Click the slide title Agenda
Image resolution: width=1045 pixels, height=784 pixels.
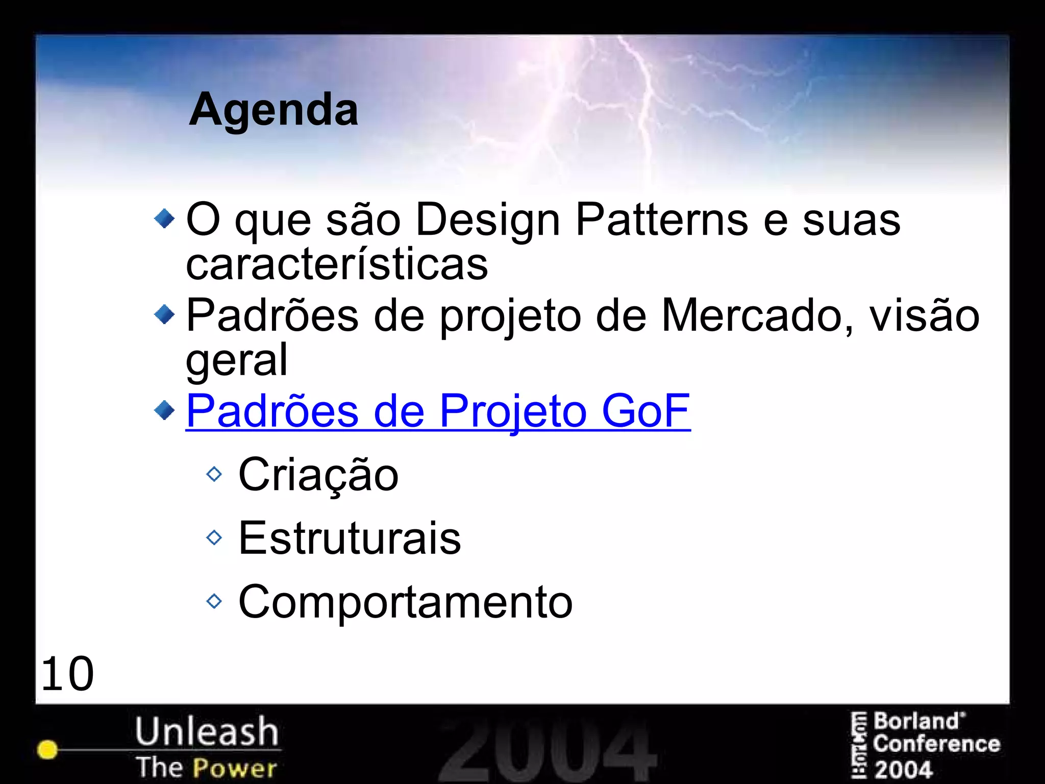tap(273, 109)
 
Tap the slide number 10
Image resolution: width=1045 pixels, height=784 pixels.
tap(67, 674)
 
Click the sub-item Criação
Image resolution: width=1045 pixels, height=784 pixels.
tap(318, 475)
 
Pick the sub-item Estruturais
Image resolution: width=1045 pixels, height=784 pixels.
tap(350, 538)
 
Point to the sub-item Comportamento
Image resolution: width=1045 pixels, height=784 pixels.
tap(406, 602)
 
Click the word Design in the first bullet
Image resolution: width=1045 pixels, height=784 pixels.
tap(488, 220)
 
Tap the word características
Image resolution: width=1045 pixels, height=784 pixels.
tap(337, 264)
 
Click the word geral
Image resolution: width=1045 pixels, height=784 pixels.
tap(237, 360)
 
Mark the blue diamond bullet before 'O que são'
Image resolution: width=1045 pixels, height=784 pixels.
tap(164, 219)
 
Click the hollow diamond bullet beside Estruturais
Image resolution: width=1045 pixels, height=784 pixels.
tap(214, 537)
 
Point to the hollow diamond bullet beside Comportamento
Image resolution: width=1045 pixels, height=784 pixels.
tap(214, 601)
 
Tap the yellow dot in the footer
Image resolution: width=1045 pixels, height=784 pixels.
tap(47, 749)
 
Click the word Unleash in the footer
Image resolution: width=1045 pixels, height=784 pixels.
tap(207, 731)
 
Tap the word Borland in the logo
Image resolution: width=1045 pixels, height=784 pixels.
tap(916, 722)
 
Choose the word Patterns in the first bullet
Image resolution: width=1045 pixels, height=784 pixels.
tap(661, 220)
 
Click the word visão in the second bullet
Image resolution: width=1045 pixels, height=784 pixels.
tap(924, 315)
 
